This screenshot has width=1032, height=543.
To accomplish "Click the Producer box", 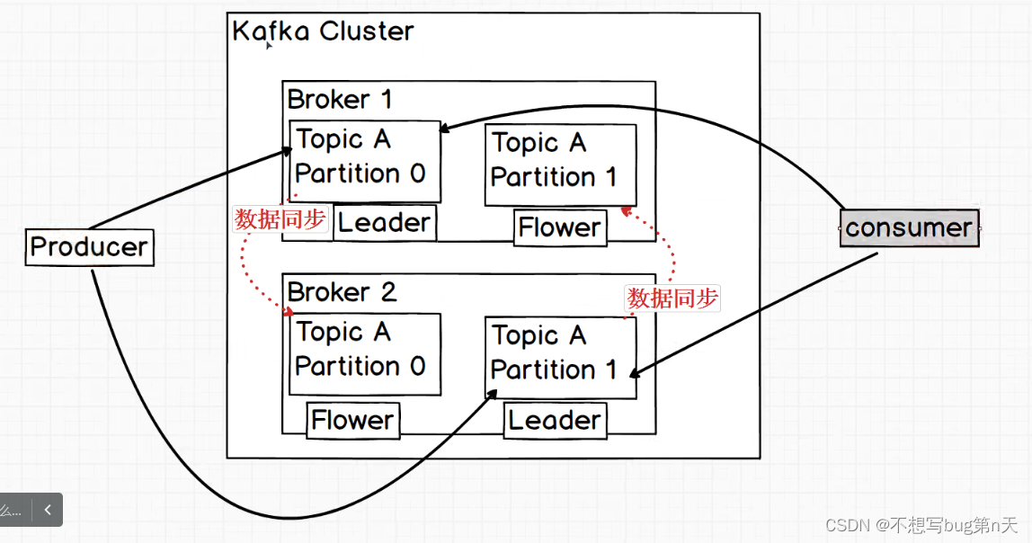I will (x=89, y=247).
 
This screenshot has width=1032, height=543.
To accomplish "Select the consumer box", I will (x=909, y=227).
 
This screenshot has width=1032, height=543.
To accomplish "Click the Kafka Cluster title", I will (x=323, y=31).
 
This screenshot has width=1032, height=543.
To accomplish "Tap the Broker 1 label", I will (x=340, y=99).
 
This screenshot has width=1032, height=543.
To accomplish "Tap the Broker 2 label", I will (x=342, y=292).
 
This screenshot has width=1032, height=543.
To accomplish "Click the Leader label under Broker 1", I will (x=385, y=223).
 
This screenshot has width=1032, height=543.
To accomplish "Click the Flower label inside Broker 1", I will (x=560, y=227).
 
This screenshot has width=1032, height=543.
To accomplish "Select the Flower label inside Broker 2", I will (x=352, y=420).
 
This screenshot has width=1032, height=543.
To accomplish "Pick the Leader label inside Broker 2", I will (x=555, y=420).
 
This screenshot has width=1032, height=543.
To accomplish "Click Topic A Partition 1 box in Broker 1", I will (x=560, y=165).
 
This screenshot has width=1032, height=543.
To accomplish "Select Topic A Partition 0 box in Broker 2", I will (x=364, y=353).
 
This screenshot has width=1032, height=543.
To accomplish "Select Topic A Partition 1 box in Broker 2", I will (x=560, y=357).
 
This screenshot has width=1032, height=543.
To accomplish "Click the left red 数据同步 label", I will (x=280, y=219).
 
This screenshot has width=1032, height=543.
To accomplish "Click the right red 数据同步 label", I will (x=673, y=298).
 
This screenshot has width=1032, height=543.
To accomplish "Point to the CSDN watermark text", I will (x=921, y=524).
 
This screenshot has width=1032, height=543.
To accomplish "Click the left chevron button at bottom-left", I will (x=48, y=510).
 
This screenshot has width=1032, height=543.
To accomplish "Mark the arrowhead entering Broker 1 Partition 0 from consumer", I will (x=445, y=130).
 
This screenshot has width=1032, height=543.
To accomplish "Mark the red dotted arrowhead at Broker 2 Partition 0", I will (x=288, y=312).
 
